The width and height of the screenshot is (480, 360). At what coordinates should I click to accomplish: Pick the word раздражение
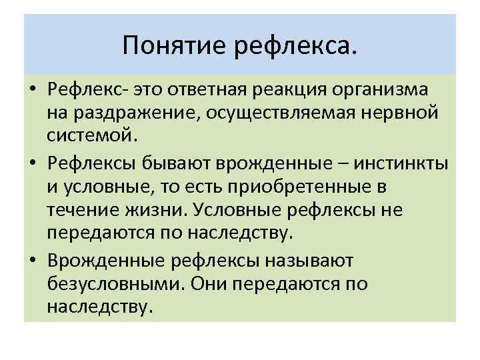123,113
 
